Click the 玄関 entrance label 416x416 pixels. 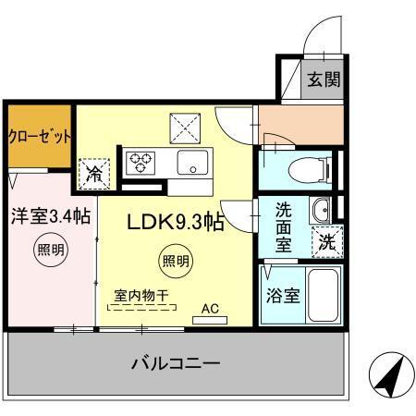point(323,79)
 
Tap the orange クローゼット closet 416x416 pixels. point(39,137)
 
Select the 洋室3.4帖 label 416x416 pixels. point(51,217)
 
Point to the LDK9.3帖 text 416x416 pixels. point(175,222)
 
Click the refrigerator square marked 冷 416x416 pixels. point(94,172)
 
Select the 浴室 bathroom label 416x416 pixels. point(283,297)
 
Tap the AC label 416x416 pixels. point(211,311)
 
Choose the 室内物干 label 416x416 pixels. point(141,296)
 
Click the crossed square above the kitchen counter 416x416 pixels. point(183,124)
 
